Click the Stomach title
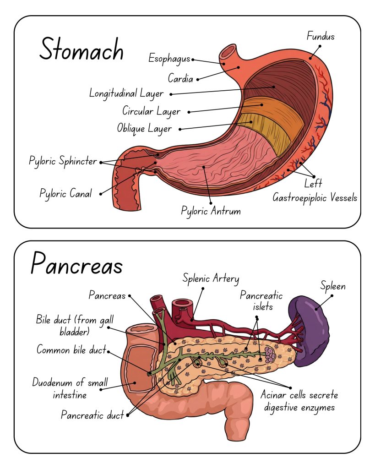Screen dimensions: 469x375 point(82,49)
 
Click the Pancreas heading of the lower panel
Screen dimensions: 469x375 point(76,265)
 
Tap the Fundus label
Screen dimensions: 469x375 point(321,36)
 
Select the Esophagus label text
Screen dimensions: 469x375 point(169,58)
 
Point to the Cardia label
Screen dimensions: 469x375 point(180,78)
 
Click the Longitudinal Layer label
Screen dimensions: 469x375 point(126,93)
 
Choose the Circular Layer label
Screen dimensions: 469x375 point(151,111)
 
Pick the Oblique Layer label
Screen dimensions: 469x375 point(144,128)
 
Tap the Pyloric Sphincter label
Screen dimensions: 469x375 point(63,161)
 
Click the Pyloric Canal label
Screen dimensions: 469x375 point(65,193)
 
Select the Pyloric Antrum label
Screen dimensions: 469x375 point(211,211)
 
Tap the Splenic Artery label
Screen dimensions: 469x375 point(211,278)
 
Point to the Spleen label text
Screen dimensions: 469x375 point(332,287)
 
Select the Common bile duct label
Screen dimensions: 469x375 point(71,350)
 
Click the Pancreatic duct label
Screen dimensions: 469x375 point(92,415)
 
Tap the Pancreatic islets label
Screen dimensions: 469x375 point(261,301)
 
